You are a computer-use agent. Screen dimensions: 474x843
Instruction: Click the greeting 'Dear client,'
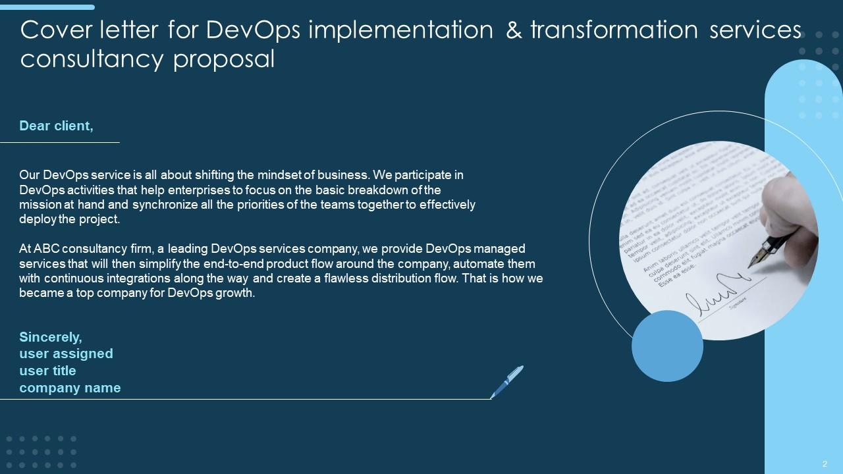point(56,126)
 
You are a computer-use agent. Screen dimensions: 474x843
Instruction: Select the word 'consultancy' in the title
point(92,59)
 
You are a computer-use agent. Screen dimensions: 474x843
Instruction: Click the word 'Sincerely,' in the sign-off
point(51,337)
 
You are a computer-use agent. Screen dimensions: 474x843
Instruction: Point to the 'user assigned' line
point(66,354)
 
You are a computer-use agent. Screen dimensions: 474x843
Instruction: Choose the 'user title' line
point(47,371)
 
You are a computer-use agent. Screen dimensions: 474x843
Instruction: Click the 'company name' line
point(70,388)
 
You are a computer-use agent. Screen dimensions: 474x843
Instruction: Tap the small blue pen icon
point(506,382)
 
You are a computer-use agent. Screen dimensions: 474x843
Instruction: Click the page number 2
point(825,463)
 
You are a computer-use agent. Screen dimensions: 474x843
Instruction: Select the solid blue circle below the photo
point(667,346)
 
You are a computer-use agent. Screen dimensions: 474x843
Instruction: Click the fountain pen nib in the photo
point(759,253)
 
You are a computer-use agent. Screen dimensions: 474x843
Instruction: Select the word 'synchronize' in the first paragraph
point(163,204)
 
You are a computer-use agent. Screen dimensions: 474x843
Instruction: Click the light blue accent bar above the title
point(47,7)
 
